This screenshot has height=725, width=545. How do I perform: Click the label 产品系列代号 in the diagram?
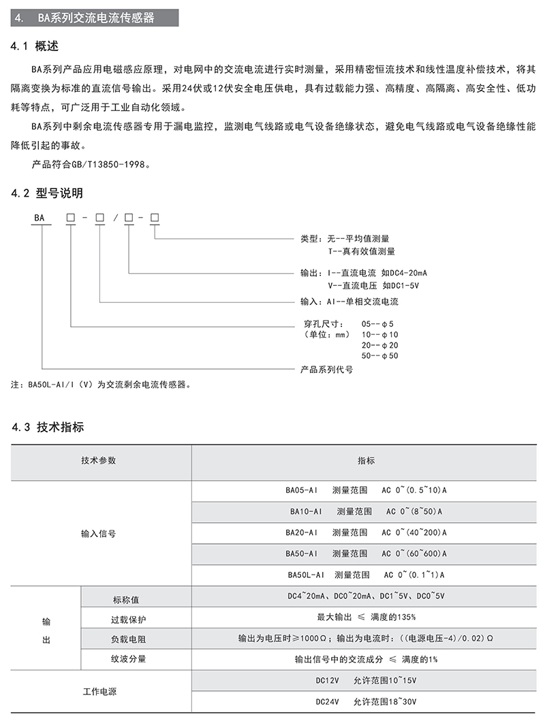[x=327, y=370]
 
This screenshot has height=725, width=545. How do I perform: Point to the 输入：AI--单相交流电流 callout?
[x=349, y=301]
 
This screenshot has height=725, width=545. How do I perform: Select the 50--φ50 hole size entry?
[x=379, y=355]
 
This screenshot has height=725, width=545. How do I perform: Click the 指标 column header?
[x=366, y=461]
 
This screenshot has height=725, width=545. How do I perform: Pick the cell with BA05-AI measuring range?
[x=366, y=490]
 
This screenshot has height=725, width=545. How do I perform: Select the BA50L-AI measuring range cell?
[x=366, y=575]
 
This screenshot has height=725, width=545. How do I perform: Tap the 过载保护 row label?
[x=129, y=620]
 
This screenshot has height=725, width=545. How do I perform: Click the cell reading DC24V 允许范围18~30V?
[x=366, y=700]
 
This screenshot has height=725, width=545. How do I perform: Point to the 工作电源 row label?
[x=99, y=691]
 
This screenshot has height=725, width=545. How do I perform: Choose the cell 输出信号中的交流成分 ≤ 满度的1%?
[x=366, y=659]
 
